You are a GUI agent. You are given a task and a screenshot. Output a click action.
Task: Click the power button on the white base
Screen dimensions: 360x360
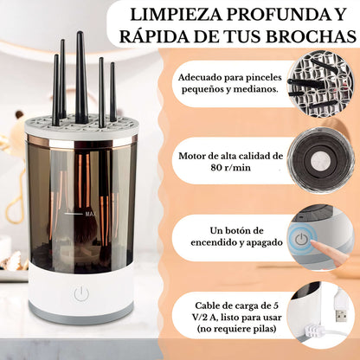click(81, 294)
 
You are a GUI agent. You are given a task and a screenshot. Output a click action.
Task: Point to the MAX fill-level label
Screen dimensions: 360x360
click(91, 214)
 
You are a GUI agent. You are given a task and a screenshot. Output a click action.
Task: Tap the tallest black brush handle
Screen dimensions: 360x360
click(80, 76)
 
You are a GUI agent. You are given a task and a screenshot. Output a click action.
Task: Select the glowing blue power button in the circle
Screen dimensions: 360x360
click(301, 239)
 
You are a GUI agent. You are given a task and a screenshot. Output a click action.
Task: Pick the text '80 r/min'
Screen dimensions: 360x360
click(231, 168)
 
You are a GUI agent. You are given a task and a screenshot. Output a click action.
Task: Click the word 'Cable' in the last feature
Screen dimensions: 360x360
click(207, 305)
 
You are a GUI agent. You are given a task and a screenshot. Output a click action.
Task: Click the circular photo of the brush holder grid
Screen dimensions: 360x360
click(320, 83)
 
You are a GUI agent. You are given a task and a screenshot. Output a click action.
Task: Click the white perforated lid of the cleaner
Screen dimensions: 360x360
click(81, 125)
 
